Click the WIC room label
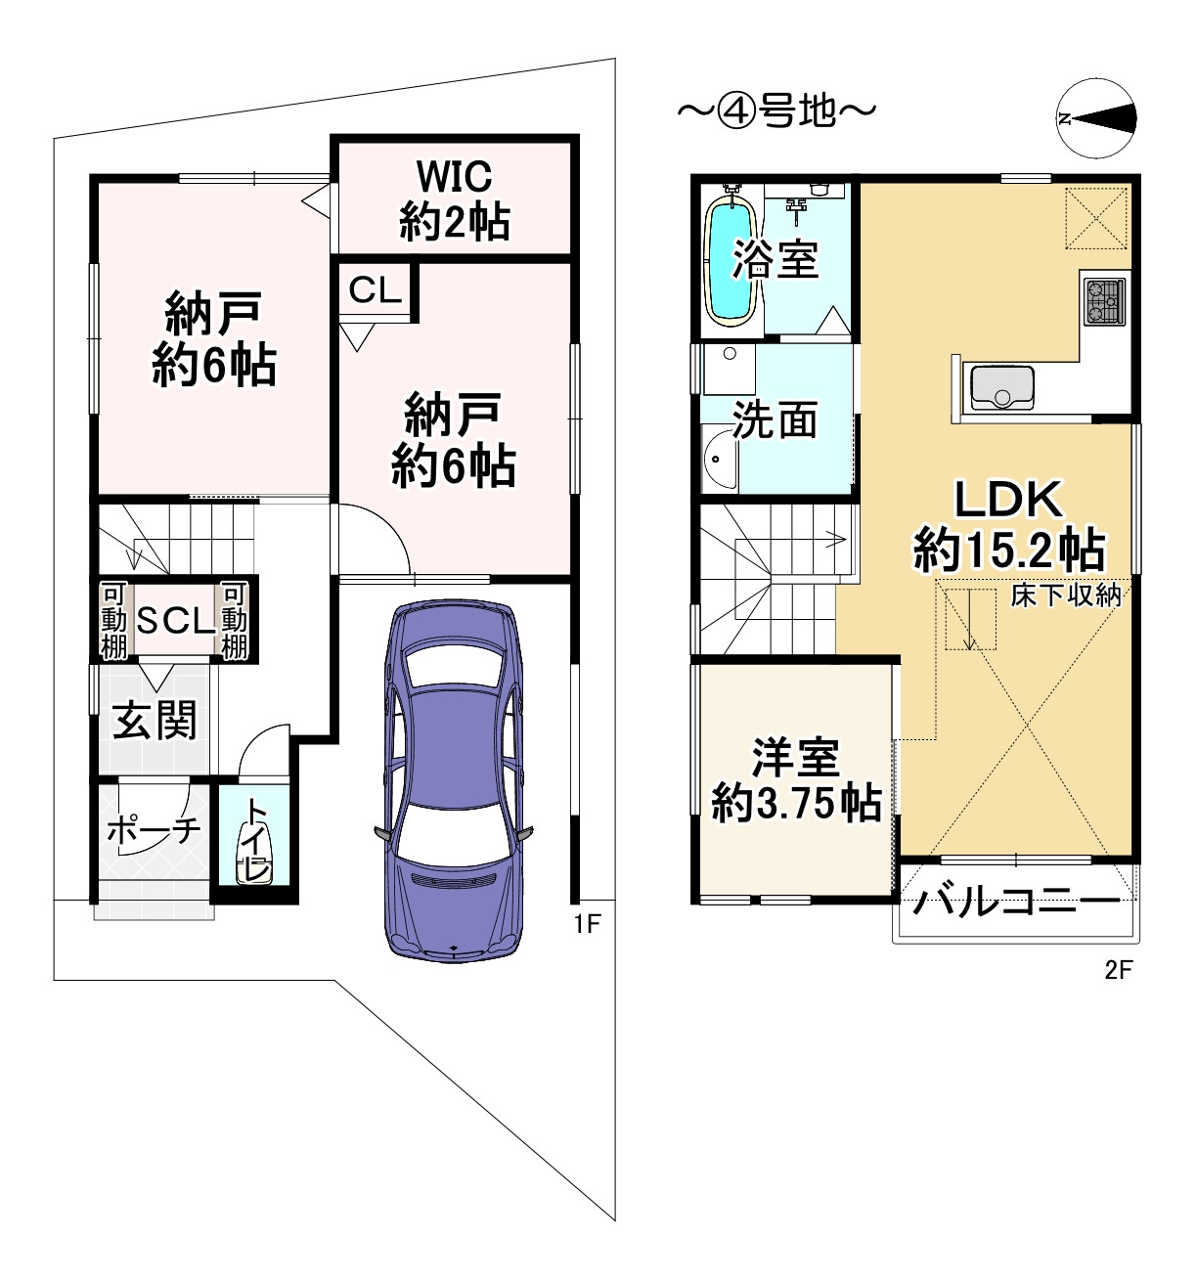pos(455,176)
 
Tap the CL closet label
pos(376,290)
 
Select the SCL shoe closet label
pos(175,620)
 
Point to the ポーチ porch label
pos(154,829)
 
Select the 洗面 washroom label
pos(775,419)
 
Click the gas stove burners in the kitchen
pos(1104,301)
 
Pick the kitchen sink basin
pos(1001,387)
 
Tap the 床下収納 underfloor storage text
pos(1066,595)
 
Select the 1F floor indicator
pos(588,924)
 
